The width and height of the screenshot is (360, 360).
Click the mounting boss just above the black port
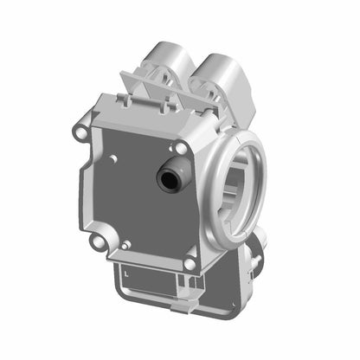point(181,148)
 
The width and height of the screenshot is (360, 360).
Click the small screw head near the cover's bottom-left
point(126,245)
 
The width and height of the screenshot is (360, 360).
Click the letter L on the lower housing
point(126,273)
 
